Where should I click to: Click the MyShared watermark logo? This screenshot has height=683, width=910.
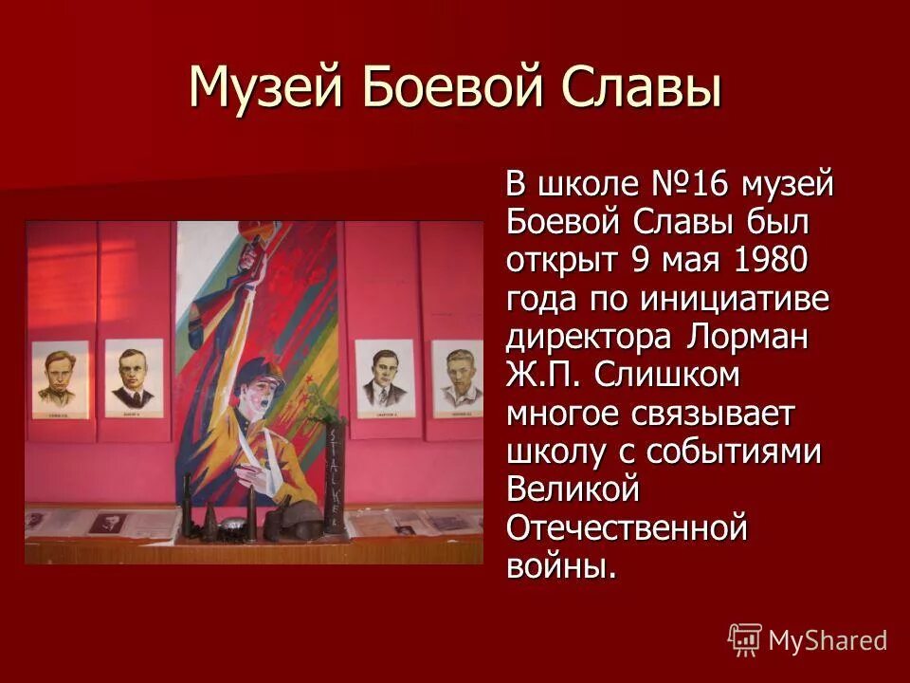[x=808, y=640]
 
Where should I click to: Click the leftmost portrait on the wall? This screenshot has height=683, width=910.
[x=61, y=378]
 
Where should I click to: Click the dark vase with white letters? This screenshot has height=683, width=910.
[x=334, y=472]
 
